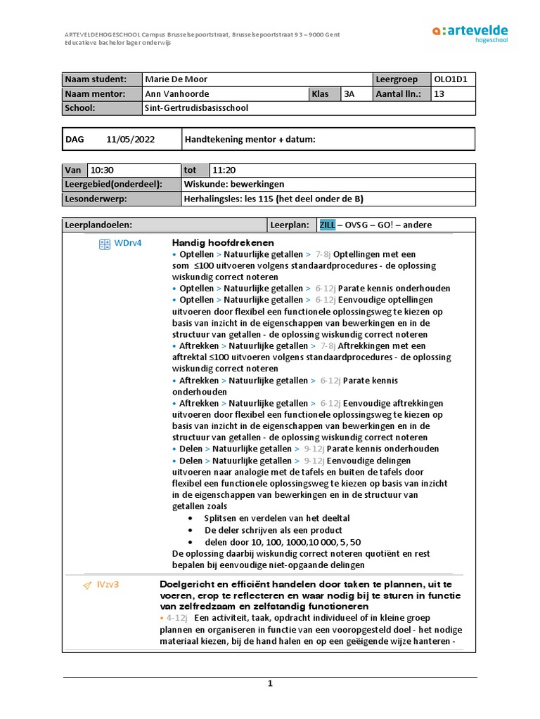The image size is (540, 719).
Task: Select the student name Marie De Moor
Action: pyautogui.click(x=176, y=79)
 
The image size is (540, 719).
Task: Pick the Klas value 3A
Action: pyautogui.click(x=349, y=94)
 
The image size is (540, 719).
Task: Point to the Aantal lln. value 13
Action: pyautogui.click(x=440, y=94)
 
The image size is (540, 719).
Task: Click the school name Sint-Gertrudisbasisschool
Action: pyautogui.click(x=196, y=108)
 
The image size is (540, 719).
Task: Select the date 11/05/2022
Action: pyautogui.click(x=131, y=140)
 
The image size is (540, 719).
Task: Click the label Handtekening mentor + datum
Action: pyautogui.click(x=250, y=140)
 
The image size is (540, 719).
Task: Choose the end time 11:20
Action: pyautogui.click(x=224, y=170)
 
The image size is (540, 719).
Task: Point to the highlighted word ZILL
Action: pyautogui.click(x=328, y=225)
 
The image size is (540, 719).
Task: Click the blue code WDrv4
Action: pyautogui.click(x=129, y=243)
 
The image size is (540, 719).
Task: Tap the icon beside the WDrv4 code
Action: pyautogui.click(x=104, y=244)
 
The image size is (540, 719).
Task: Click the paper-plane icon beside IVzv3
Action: pyautogui.click(x=87, y=585)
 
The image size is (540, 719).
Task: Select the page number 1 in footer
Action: pyautogui.click(x=269, y=684)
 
